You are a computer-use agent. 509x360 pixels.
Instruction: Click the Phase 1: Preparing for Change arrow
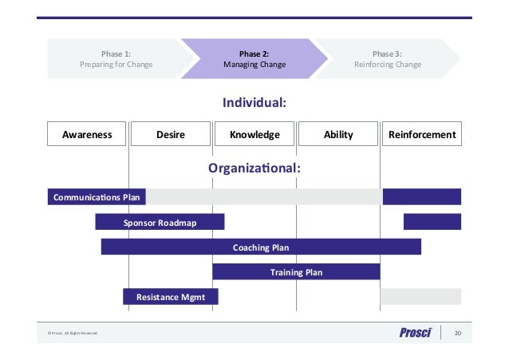pos(116,59)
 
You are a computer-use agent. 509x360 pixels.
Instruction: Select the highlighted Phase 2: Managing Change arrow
pos(254,59)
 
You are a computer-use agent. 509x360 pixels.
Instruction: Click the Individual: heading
pos(254,103)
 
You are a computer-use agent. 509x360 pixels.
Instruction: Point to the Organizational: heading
pos(254,168)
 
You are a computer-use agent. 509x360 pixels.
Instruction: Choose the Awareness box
pos(87,135)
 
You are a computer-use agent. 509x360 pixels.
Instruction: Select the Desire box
pos(170,135)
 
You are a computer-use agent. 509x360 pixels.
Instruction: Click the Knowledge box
pos(254,135)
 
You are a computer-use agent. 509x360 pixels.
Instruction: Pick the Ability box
pos(338,135)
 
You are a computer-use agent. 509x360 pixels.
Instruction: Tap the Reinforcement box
pos(422,135)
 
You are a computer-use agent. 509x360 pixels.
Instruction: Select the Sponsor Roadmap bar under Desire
pos(160,223)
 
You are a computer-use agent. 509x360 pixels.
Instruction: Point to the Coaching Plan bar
pos(261,247)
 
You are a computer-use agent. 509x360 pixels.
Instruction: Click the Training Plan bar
pos(296,272)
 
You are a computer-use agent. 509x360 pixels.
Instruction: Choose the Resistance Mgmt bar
pos(170,297)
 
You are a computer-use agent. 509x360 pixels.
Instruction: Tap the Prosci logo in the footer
pos(415,334)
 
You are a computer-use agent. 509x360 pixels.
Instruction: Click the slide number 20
pos(458,334)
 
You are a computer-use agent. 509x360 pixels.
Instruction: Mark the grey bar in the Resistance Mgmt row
pos(420,297)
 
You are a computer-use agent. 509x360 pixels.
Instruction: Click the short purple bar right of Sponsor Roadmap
pos(432,223)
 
